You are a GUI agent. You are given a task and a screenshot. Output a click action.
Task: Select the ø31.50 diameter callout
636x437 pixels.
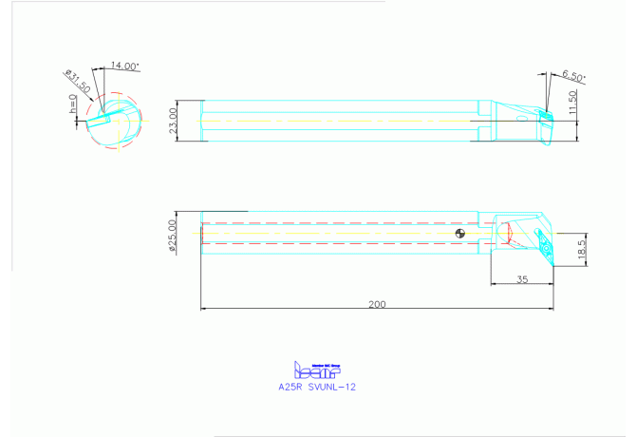pyautogui.click(x=78, y=79)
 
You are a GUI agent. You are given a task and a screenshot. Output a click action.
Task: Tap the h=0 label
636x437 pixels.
pyautogui.click(x=73, y=104)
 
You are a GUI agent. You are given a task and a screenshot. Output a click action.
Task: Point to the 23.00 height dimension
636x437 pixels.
pyautogui.click(x=173, y=120)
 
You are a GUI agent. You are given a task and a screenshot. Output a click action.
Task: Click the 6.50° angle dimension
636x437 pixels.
pyautogui.click(x=573, y=75)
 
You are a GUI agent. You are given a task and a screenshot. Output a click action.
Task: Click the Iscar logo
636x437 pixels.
pyautogui.click(x=317, y=370)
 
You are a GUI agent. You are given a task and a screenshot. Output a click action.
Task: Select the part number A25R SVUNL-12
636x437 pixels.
pyautogui.click(x=317, y=387)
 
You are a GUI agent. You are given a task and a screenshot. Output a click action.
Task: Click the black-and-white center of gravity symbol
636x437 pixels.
pyautogui.click(x=459, y=233)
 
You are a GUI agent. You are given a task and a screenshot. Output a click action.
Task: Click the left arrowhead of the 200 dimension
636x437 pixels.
pyautogui.click(x=204, y=308)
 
